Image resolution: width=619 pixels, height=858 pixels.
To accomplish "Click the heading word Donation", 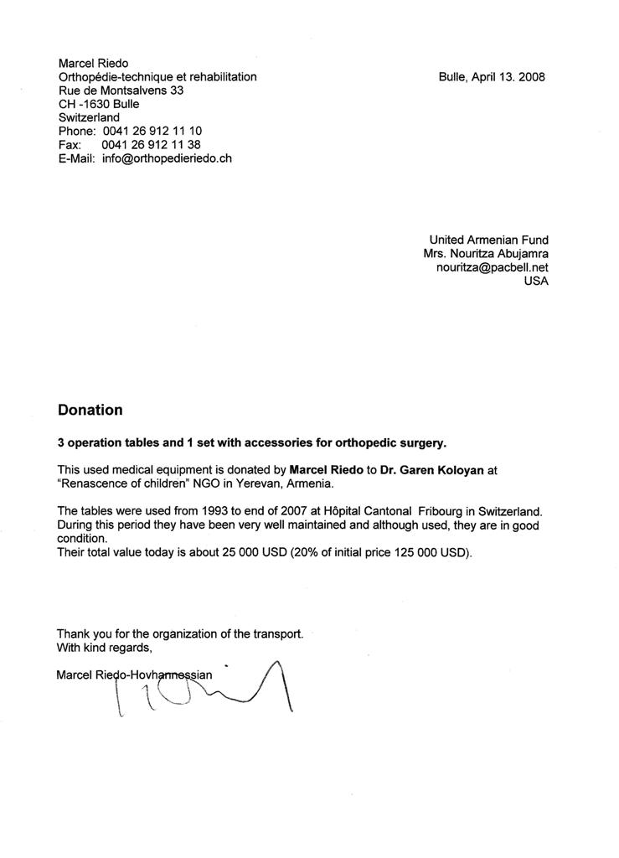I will (90, 410).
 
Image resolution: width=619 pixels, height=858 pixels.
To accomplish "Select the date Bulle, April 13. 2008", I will (492, 77).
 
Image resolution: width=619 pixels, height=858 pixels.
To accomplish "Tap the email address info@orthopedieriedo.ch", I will (167, 158).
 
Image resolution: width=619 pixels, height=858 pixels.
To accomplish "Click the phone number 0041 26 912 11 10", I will (152, 132).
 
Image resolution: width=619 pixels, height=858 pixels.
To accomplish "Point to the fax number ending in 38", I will (152, 145).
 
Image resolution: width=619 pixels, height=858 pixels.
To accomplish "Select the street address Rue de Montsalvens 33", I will (121, 90).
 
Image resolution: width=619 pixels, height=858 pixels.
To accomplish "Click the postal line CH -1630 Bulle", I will (99, 104).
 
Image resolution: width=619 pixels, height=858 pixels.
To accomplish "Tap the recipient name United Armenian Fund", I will (488, 240).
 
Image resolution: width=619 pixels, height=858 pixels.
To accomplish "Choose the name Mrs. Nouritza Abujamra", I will (486, 254).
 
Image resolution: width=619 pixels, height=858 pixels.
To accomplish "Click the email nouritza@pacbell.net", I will (492, 267).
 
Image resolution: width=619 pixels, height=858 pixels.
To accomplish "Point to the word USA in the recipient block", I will (535, 282).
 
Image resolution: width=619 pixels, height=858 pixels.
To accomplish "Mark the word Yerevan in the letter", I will (248, 483).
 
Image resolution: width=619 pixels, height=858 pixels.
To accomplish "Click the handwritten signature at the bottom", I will (209, 691).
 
